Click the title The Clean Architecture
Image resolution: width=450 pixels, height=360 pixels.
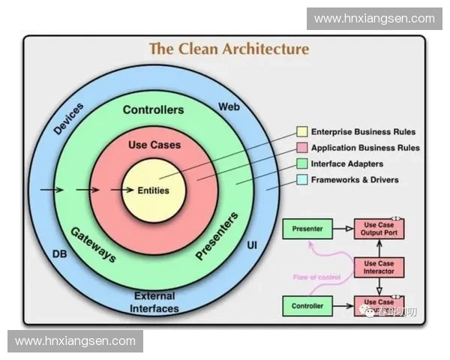click(229, 49)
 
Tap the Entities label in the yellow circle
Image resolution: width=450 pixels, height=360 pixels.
click(153, 190)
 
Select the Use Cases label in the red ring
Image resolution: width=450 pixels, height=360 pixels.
click(154, 144)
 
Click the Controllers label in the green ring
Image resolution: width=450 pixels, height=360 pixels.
click(153, 109)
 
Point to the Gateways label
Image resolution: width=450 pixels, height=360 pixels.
click(93, 244)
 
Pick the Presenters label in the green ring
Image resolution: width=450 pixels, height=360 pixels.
click(217, 237)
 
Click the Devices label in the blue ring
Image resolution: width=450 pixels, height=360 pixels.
click(69, 118)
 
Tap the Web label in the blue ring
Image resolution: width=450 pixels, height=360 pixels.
click(229, 107)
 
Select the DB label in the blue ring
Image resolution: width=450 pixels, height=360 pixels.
click(61, 254)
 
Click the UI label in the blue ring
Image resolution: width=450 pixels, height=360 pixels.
click(252, 246)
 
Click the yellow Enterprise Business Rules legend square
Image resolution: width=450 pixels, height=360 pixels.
click(301, 132)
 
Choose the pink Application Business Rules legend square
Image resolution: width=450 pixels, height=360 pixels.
click(301, 148)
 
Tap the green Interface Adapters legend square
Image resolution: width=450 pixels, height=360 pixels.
click(301, 163)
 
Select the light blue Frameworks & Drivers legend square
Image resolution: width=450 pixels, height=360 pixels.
click(301, 179)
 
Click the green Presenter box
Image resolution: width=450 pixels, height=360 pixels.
click(307, 229)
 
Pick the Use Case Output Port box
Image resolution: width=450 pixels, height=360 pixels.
click(379, 229)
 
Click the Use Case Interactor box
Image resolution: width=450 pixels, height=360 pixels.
click(379, 267)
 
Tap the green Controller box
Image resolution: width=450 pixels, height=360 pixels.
click(307, 305)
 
